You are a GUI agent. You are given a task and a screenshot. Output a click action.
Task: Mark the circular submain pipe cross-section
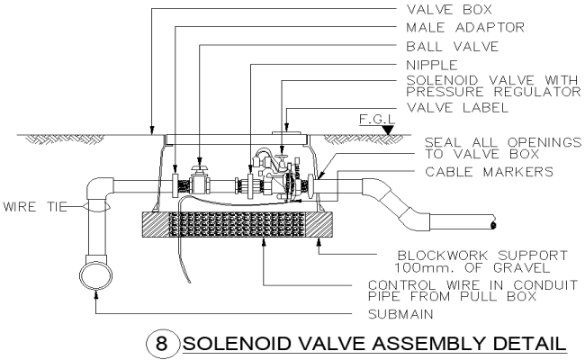click(x=94, y=273)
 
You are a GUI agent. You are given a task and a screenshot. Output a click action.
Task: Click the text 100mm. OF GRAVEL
click(x=477, y=267)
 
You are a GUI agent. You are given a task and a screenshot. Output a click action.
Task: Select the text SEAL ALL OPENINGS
click(x=489, y=141)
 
